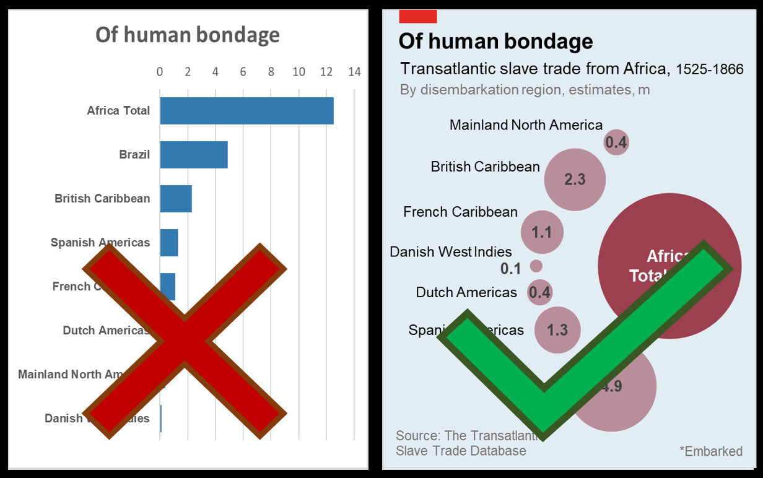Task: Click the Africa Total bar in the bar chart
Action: click(x=246, y=111)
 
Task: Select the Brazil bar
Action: click(x=194, y=155)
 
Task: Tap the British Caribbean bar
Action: click(x=176, y=199)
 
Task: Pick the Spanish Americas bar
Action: click(x=169, y=243)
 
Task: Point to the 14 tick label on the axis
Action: click(x=354, y=72)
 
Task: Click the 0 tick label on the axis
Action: click(x=160, y=72)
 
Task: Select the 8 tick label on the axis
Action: click(x=271, y=72)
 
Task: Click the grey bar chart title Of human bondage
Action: click(x=187, y=35)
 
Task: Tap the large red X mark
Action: click(x=185, y=341)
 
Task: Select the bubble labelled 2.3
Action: click(x=575, y=180)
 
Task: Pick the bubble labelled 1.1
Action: click(x=542, y=232)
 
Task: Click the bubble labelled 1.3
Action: click(x=557, y=329)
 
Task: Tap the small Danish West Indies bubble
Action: click(x=536, y=266)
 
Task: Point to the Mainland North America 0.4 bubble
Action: click(x=616, y=142)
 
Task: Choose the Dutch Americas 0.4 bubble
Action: click(x=539, y=292)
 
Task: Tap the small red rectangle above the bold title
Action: click(x=418, y=16)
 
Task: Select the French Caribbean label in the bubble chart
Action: click(x=460, y=212)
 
